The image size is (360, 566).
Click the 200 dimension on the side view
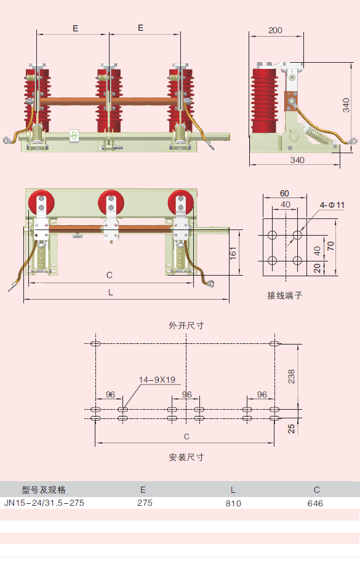275,30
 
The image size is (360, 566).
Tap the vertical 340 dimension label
347,105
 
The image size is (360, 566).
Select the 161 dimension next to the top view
233,253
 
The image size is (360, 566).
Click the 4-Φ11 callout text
332,205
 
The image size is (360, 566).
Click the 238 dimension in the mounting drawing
291,376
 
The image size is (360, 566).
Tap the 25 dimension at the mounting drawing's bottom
291,428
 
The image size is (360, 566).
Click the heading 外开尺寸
186,326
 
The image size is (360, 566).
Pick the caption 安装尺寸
186,457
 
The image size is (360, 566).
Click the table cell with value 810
233,503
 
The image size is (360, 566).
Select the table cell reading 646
315,503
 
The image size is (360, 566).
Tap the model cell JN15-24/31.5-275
44,503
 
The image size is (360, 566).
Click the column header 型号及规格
44,490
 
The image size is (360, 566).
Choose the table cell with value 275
144,503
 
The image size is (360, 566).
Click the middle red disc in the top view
110,201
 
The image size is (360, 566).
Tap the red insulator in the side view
265,100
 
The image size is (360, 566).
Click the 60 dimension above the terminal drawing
284,193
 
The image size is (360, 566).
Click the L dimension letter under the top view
110,293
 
